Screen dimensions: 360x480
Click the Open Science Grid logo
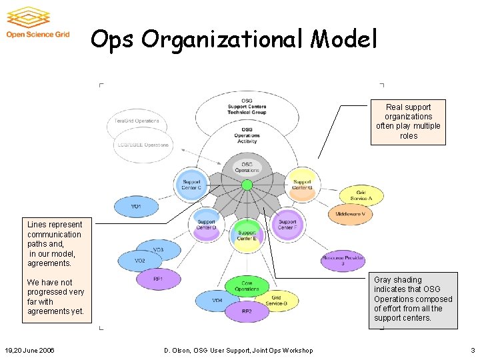(37, 23)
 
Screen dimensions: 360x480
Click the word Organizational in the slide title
(224, 40)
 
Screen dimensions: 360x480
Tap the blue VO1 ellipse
(136, 207)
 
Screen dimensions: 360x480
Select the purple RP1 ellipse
(158, 279)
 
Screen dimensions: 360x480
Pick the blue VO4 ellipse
(217, 301)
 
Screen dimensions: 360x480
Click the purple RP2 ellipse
(247, 311)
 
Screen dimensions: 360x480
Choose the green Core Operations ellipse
(247, 287)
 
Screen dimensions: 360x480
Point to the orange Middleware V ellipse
(350, 214)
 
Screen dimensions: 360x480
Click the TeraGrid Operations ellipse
(137, 121)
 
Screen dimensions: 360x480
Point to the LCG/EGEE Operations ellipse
(143, 145)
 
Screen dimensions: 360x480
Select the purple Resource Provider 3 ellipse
(343, 261)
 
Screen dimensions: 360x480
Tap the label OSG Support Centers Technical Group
(247, 106)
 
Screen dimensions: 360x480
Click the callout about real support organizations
(408, 121)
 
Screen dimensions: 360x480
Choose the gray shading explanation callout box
(413, 299)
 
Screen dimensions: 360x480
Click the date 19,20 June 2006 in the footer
(29, 351)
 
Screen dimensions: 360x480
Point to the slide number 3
(472, 351)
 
